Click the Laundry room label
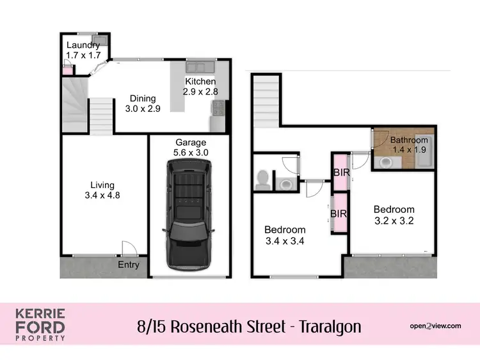pyautogui.click(x=83, y=45)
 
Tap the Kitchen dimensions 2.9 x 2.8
pyautogui.click(x=200, y=92)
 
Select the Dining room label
pyautogui.click(x=143, y=98)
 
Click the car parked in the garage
pyautogui.click(x=189, y=214)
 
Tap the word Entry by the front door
pyautogui.click(x=129, y=265)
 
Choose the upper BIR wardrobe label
pyautogui.click(x=340, y=172)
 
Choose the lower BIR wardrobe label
pyautogui.click(x=339, y=214)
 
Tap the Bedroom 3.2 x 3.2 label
pyautogui.click(x=394, y=214)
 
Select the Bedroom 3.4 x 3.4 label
pyautogui.click(x=285, y=235)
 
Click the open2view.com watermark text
pyautogui.click(x=435, y=326)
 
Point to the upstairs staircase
pyautogui.click(x=266, y=100)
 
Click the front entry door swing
pyautogui.click(x=128, y=248)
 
